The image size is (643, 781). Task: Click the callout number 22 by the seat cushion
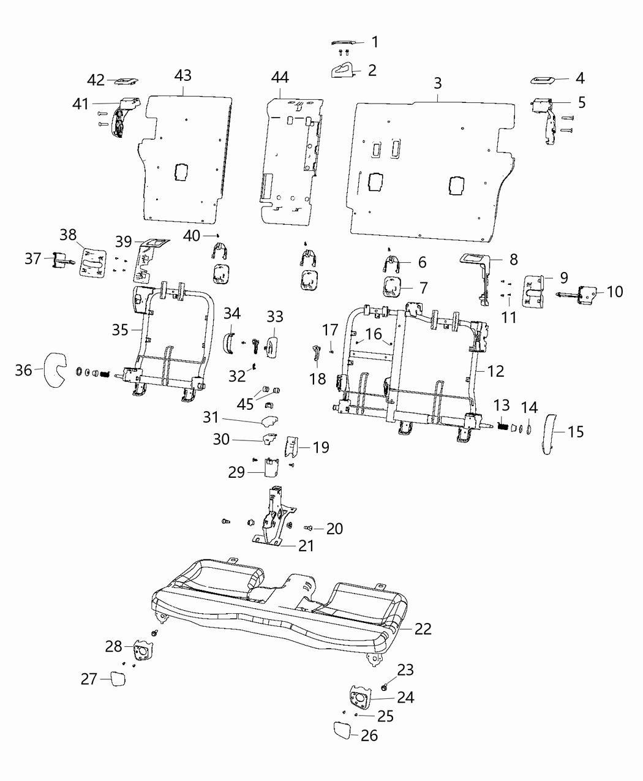click(423, 628)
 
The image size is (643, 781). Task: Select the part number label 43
click(182, 75)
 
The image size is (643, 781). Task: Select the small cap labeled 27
click(118, 678)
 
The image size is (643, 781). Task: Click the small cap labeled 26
click(342, 730)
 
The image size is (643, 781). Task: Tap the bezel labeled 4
click(543, 80)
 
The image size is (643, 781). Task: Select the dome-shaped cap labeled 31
click(267, 421)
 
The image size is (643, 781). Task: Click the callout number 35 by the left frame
click(120, 330)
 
